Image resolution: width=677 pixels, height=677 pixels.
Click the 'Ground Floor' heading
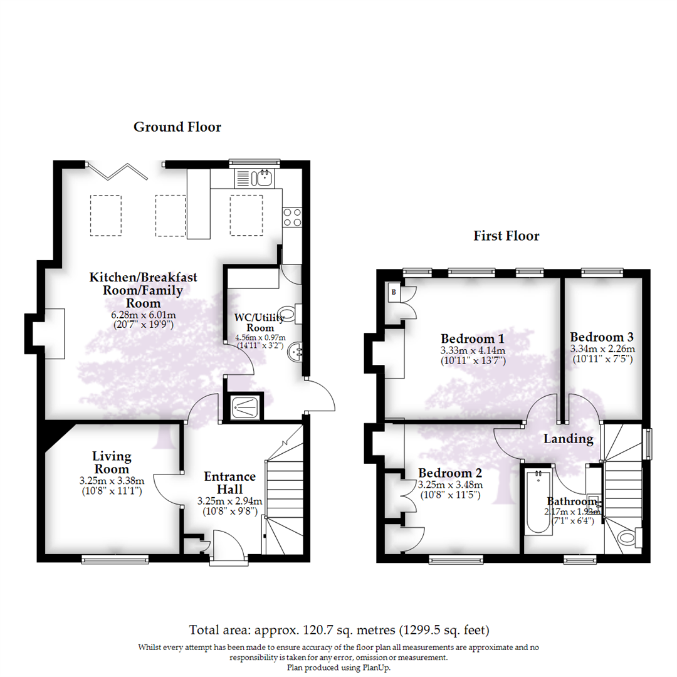(177, 127)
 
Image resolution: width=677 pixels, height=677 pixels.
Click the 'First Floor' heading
(506, 236)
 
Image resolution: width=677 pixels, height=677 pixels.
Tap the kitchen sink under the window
(263, 179)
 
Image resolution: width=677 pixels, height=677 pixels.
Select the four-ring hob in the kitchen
(291, 217)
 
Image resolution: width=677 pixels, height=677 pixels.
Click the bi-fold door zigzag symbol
(119, 171)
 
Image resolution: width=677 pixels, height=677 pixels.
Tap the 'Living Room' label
(112, 463)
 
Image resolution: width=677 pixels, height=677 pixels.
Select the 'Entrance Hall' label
(229, 483)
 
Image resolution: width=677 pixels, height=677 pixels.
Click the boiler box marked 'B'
(394, 291)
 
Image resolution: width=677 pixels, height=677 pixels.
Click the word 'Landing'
(568, 439)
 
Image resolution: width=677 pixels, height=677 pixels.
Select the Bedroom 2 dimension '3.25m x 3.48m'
(450, 485)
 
